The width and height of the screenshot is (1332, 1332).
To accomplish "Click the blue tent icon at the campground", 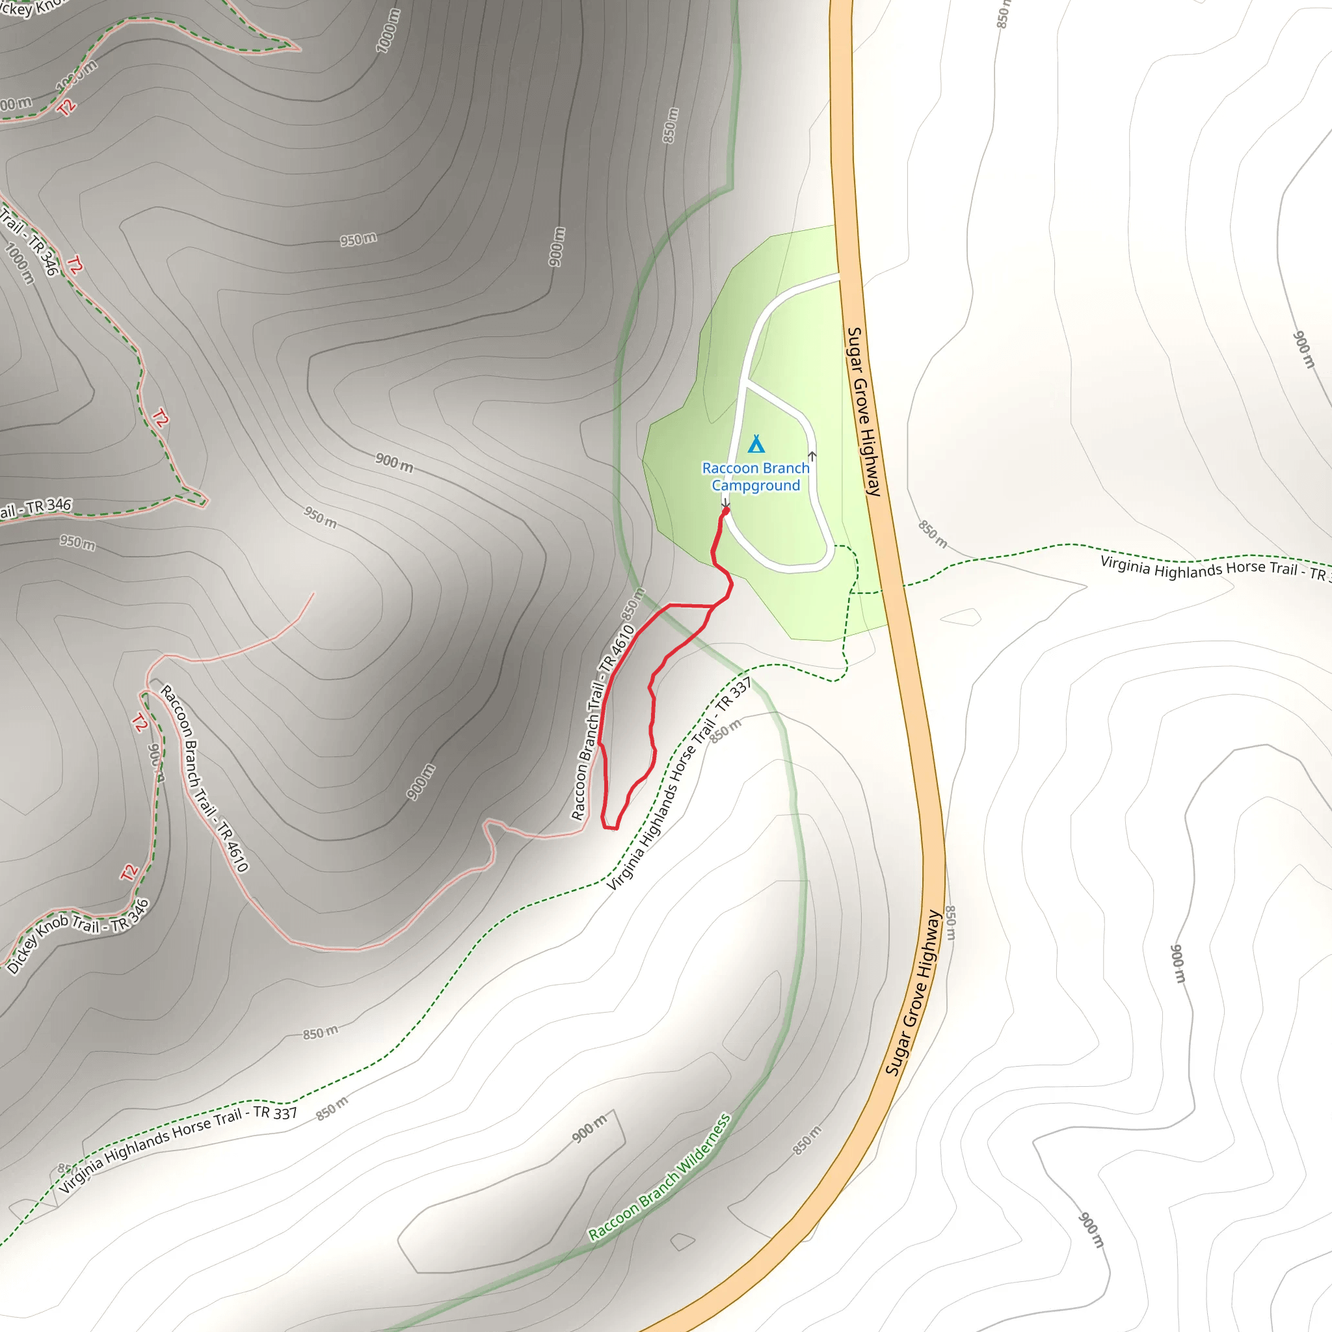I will [756, 444].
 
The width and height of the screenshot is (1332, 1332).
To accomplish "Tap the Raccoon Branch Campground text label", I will [756, 476].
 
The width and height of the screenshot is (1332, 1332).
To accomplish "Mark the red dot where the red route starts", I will [725, 511].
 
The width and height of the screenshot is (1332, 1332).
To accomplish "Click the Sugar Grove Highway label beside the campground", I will [864, 412].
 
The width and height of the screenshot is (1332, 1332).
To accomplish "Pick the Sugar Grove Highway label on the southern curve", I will [914, 992].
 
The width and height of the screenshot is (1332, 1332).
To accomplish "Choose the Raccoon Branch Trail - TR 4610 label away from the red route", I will [204, 779].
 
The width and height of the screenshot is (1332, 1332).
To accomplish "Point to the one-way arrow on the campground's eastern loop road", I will [812, 457].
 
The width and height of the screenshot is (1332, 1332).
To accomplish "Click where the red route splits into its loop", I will [712, 607].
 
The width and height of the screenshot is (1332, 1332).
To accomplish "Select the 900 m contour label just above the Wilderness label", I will [589, 1128].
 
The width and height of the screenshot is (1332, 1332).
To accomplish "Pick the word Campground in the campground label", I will [756, 485].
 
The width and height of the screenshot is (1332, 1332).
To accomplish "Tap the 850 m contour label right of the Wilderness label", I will [807, 1140].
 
